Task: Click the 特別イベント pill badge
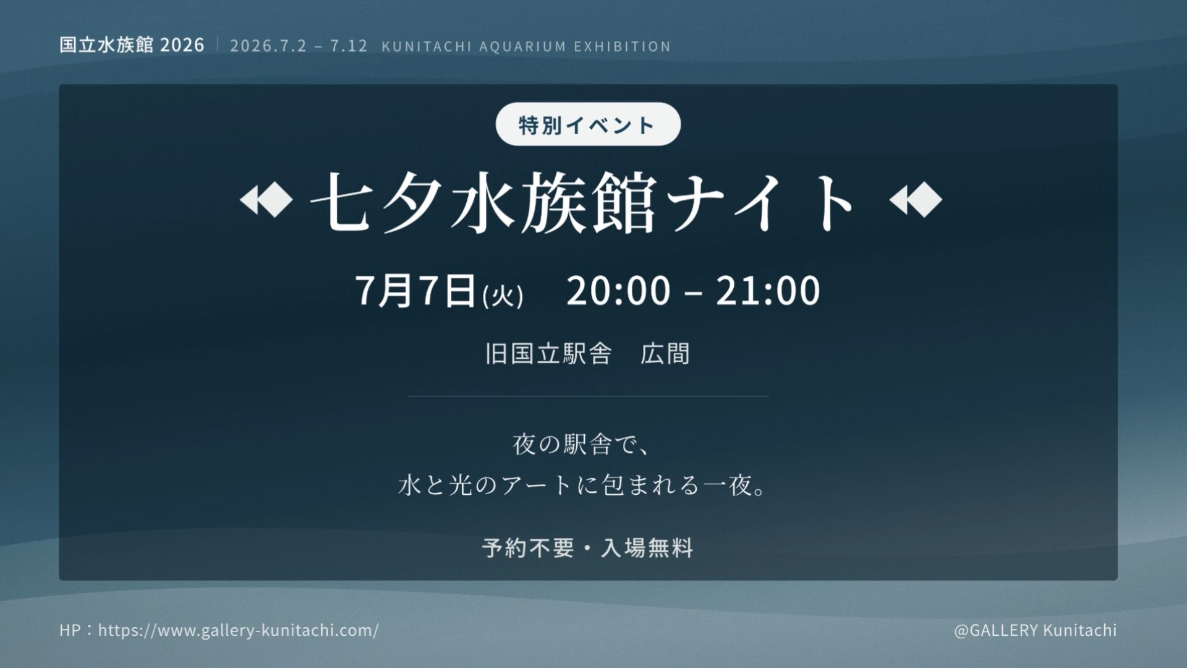[x=588, y=124]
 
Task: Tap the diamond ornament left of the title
[x=266, y=200]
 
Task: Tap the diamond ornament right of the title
[x=916, y=200]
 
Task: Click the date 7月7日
[x=415, y=291]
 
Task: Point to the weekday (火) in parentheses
[x=503, y=296]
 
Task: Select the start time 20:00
[x=618, y=291]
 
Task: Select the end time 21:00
[x=768, y=291]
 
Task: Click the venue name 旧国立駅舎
[x=548, y=354]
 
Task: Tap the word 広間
[x=665, y=354]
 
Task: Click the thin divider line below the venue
[x=588, y=396]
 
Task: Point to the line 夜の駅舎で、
[x=581, y=445]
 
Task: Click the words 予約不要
[x=528, y=548]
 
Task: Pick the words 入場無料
[x=647, y=548]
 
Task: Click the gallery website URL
[x=239, y=630]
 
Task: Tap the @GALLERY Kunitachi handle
[x=1036, y=630]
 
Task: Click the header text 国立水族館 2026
[x=132, y=45]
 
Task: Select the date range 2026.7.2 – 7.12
[x=299, y=46]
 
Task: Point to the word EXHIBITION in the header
[x=623, y=47]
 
